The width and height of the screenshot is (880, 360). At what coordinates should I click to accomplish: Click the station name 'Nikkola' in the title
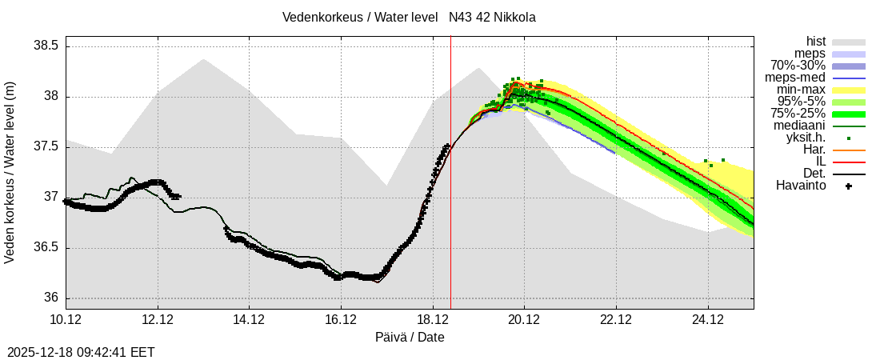tap(514, 17)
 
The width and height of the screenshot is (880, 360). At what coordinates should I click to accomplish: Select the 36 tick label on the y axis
tap(51, 298)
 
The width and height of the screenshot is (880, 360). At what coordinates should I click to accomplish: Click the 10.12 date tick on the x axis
tap(66, 320)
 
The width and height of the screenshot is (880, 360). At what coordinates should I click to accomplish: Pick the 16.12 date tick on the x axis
tap(341, 320)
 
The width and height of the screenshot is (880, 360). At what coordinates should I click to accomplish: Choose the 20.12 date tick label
tap(524, 320)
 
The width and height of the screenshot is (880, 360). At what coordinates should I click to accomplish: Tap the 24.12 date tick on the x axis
tap(707, 320)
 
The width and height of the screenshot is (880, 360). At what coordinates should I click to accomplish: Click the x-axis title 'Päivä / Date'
tap(410, 337)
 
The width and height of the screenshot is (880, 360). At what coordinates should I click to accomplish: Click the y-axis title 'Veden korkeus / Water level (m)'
tap(10, 172)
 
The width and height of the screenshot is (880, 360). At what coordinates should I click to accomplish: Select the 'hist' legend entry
tap(815, 42)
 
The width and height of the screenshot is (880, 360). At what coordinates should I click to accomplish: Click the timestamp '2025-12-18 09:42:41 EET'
tap(81, 352)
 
